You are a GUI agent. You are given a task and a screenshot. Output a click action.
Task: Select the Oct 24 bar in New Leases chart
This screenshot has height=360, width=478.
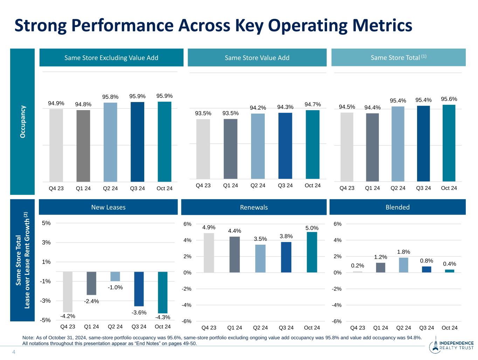click(162, 292)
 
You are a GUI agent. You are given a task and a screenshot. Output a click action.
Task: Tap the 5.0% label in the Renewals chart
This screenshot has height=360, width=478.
click(312, 228)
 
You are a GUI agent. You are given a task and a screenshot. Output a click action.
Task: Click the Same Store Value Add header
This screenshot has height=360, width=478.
click(257, 58)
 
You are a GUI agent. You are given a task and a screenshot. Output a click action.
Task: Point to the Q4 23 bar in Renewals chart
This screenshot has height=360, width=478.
click(209, 253)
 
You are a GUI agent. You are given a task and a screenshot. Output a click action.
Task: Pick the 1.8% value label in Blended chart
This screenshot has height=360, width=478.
click(403, 252)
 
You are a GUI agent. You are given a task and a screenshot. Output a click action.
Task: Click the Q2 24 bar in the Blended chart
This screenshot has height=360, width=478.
click(403, 265)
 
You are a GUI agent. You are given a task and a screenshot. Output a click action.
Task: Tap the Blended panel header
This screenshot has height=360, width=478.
click(397, 207)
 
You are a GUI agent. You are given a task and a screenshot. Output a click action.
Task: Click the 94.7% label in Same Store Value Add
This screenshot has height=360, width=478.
click(313, 104)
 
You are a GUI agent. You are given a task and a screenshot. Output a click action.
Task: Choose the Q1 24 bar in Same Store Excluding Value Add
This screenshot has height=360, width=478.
click(83, 145)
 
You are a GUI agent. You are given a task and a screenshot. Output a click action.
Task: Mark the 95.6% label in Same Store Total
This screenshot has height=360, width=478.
click(449, 99)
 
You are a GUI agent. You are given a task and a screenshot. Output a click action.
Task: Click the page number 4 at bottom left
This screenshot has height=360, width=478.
click(14, 352)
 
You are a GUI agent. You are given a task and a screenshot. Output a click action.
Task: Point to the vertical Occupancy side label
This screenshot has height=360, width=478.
click(23, 121)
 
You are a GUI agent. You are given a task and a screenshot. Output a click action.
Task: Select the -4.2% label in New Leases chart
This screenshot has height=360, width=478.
click(68, 316)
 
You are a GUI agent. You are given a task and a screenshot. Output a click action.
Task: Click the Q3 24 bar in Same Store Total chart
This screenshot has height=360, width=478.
click(423, 143)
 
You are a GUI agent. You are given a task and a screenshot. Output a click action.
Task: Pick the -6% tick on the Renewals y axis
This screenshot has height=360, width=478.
click(187, 321)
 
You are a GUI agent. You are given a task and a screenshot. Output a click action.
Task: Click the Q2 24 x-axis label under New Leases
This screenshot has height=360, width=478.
click(115, 327)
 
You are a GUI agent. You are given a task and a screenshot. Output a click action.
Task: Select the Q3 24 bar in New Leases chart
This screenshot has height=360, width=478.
click(139, 289)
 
